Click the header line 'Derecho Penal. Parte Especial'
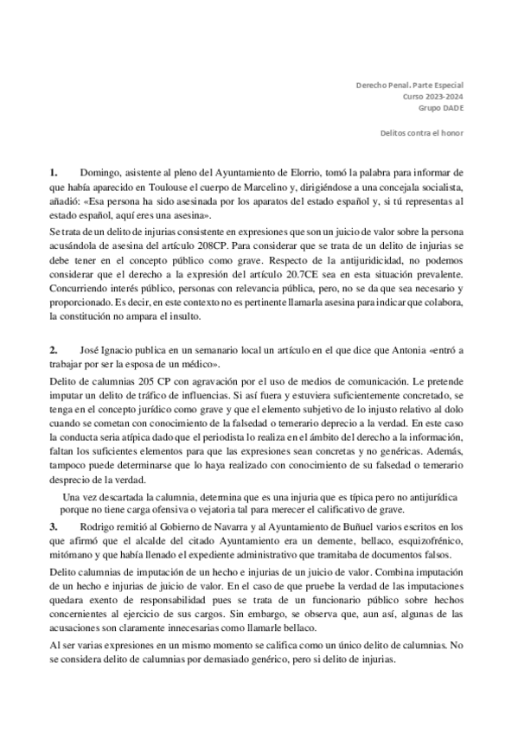tap(410, 86)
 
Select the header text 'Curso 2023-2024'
tap(433, 99)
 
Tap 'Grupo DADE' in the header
tap(441, 111)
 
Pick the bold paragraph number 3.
tap(54, 526)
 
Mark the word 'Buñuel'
tap(386, 526)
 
